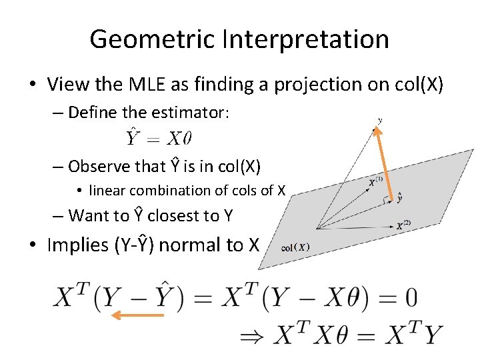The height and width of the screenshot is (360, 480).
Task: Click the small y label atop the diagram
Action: pos(380,120)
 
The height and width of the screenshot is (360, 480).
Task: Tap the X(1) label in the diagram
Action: pos(375,181)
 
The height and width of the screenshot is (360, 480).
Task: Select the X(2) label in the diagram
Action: pos(403,225)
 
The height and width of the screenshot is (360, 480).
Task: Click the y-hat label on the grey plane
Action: pos(399,198)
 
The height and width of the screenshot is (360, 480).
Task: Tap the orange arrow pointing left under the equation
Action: pos(137,315)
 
